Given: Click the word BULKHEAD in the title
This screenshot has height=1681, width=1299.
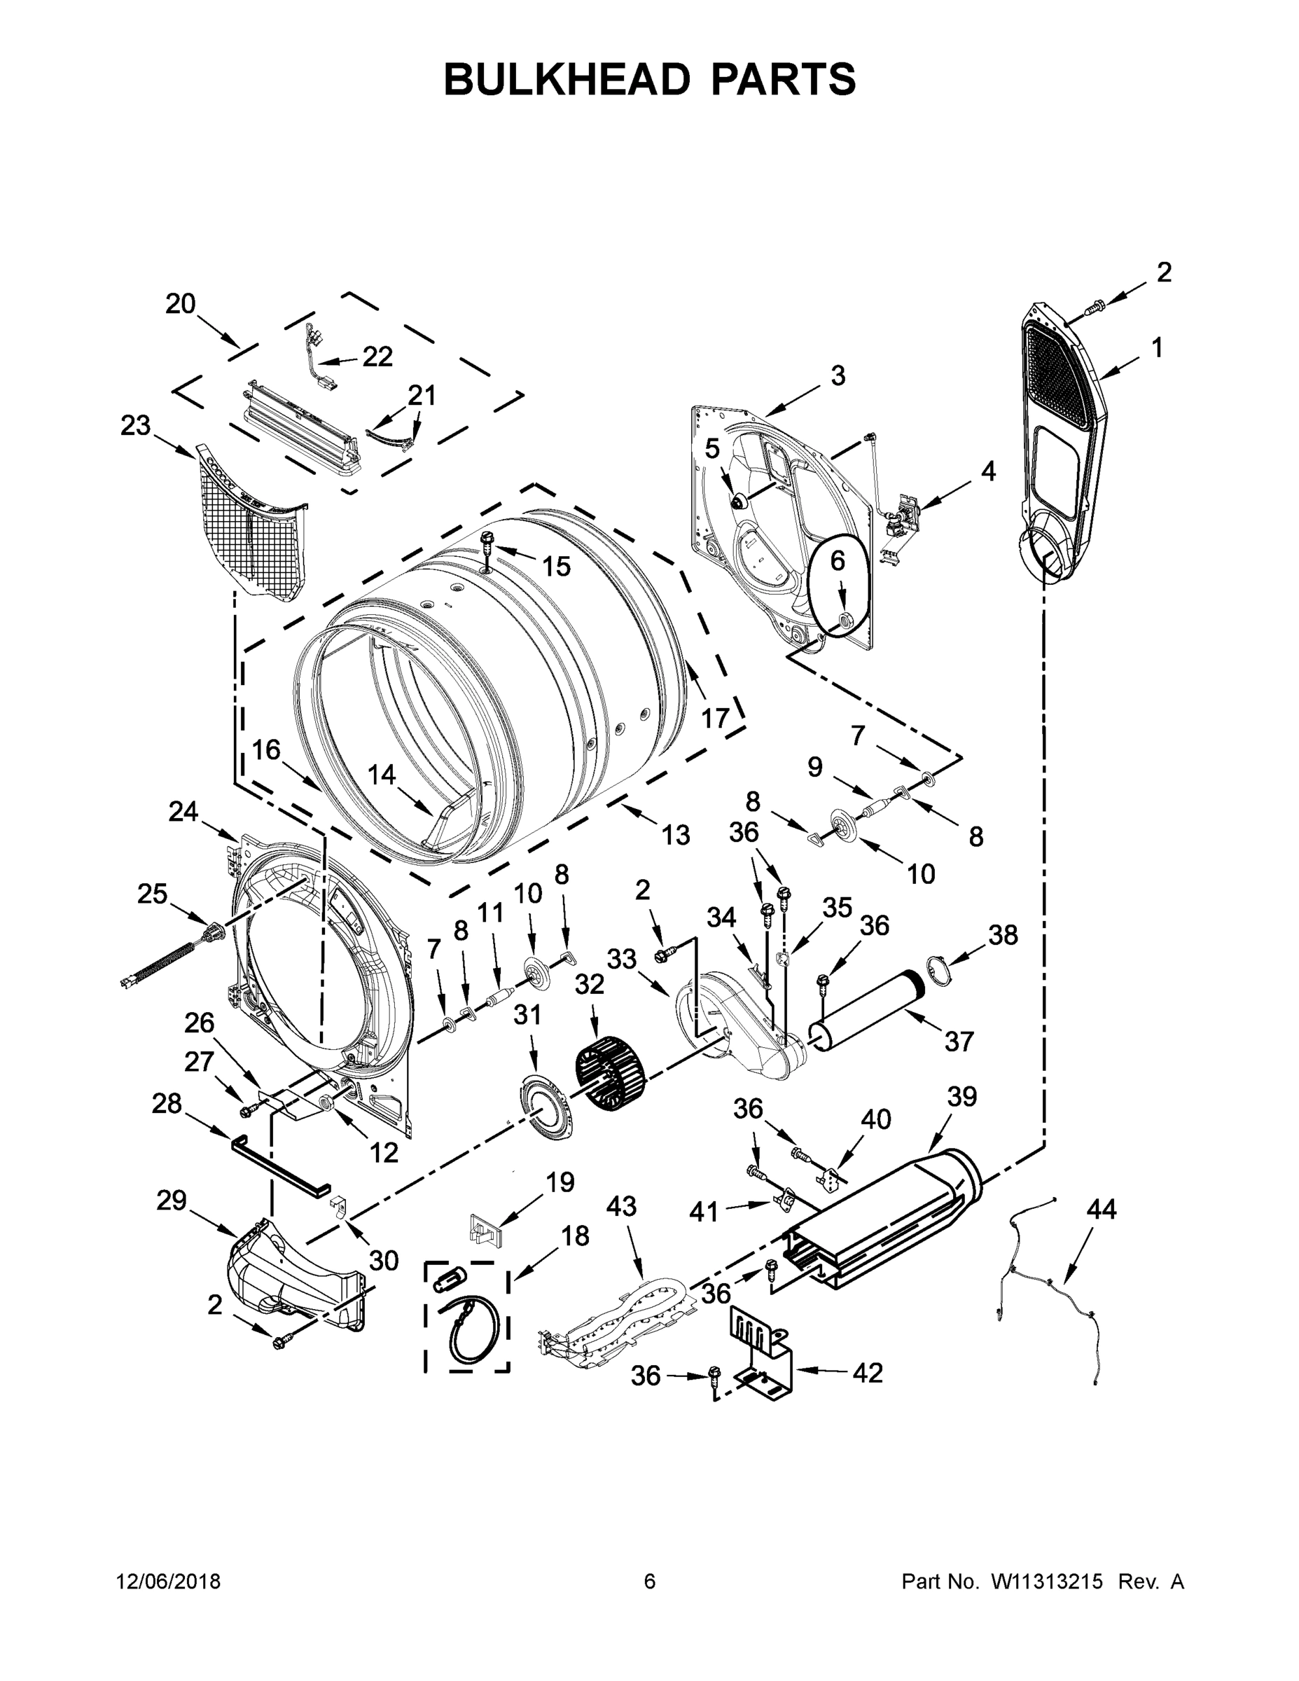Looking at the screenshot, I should click(567, 79).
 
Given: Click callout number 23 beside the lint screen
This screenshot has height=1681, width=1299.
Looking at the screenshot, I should click(135, 426).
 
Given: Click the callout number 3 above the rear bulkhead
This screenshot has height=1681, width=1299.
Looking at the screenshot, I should click(838, 375).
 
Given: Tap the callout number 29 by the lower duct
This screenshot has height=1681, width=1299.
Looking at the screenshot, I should click(171, 1200).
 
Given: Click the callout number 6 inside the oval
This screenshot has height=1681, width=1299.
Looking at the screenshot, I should click(838, 561).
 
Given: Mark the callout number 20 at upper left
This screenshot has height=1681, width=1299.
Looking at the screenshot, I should click(180, 304).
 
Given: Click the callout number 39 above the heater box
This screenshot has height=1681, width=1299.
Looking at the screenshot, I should click(961, 1097).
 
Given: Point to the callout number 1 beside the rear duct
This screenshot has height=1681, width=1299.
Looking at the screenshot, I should click(1157, 348).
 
